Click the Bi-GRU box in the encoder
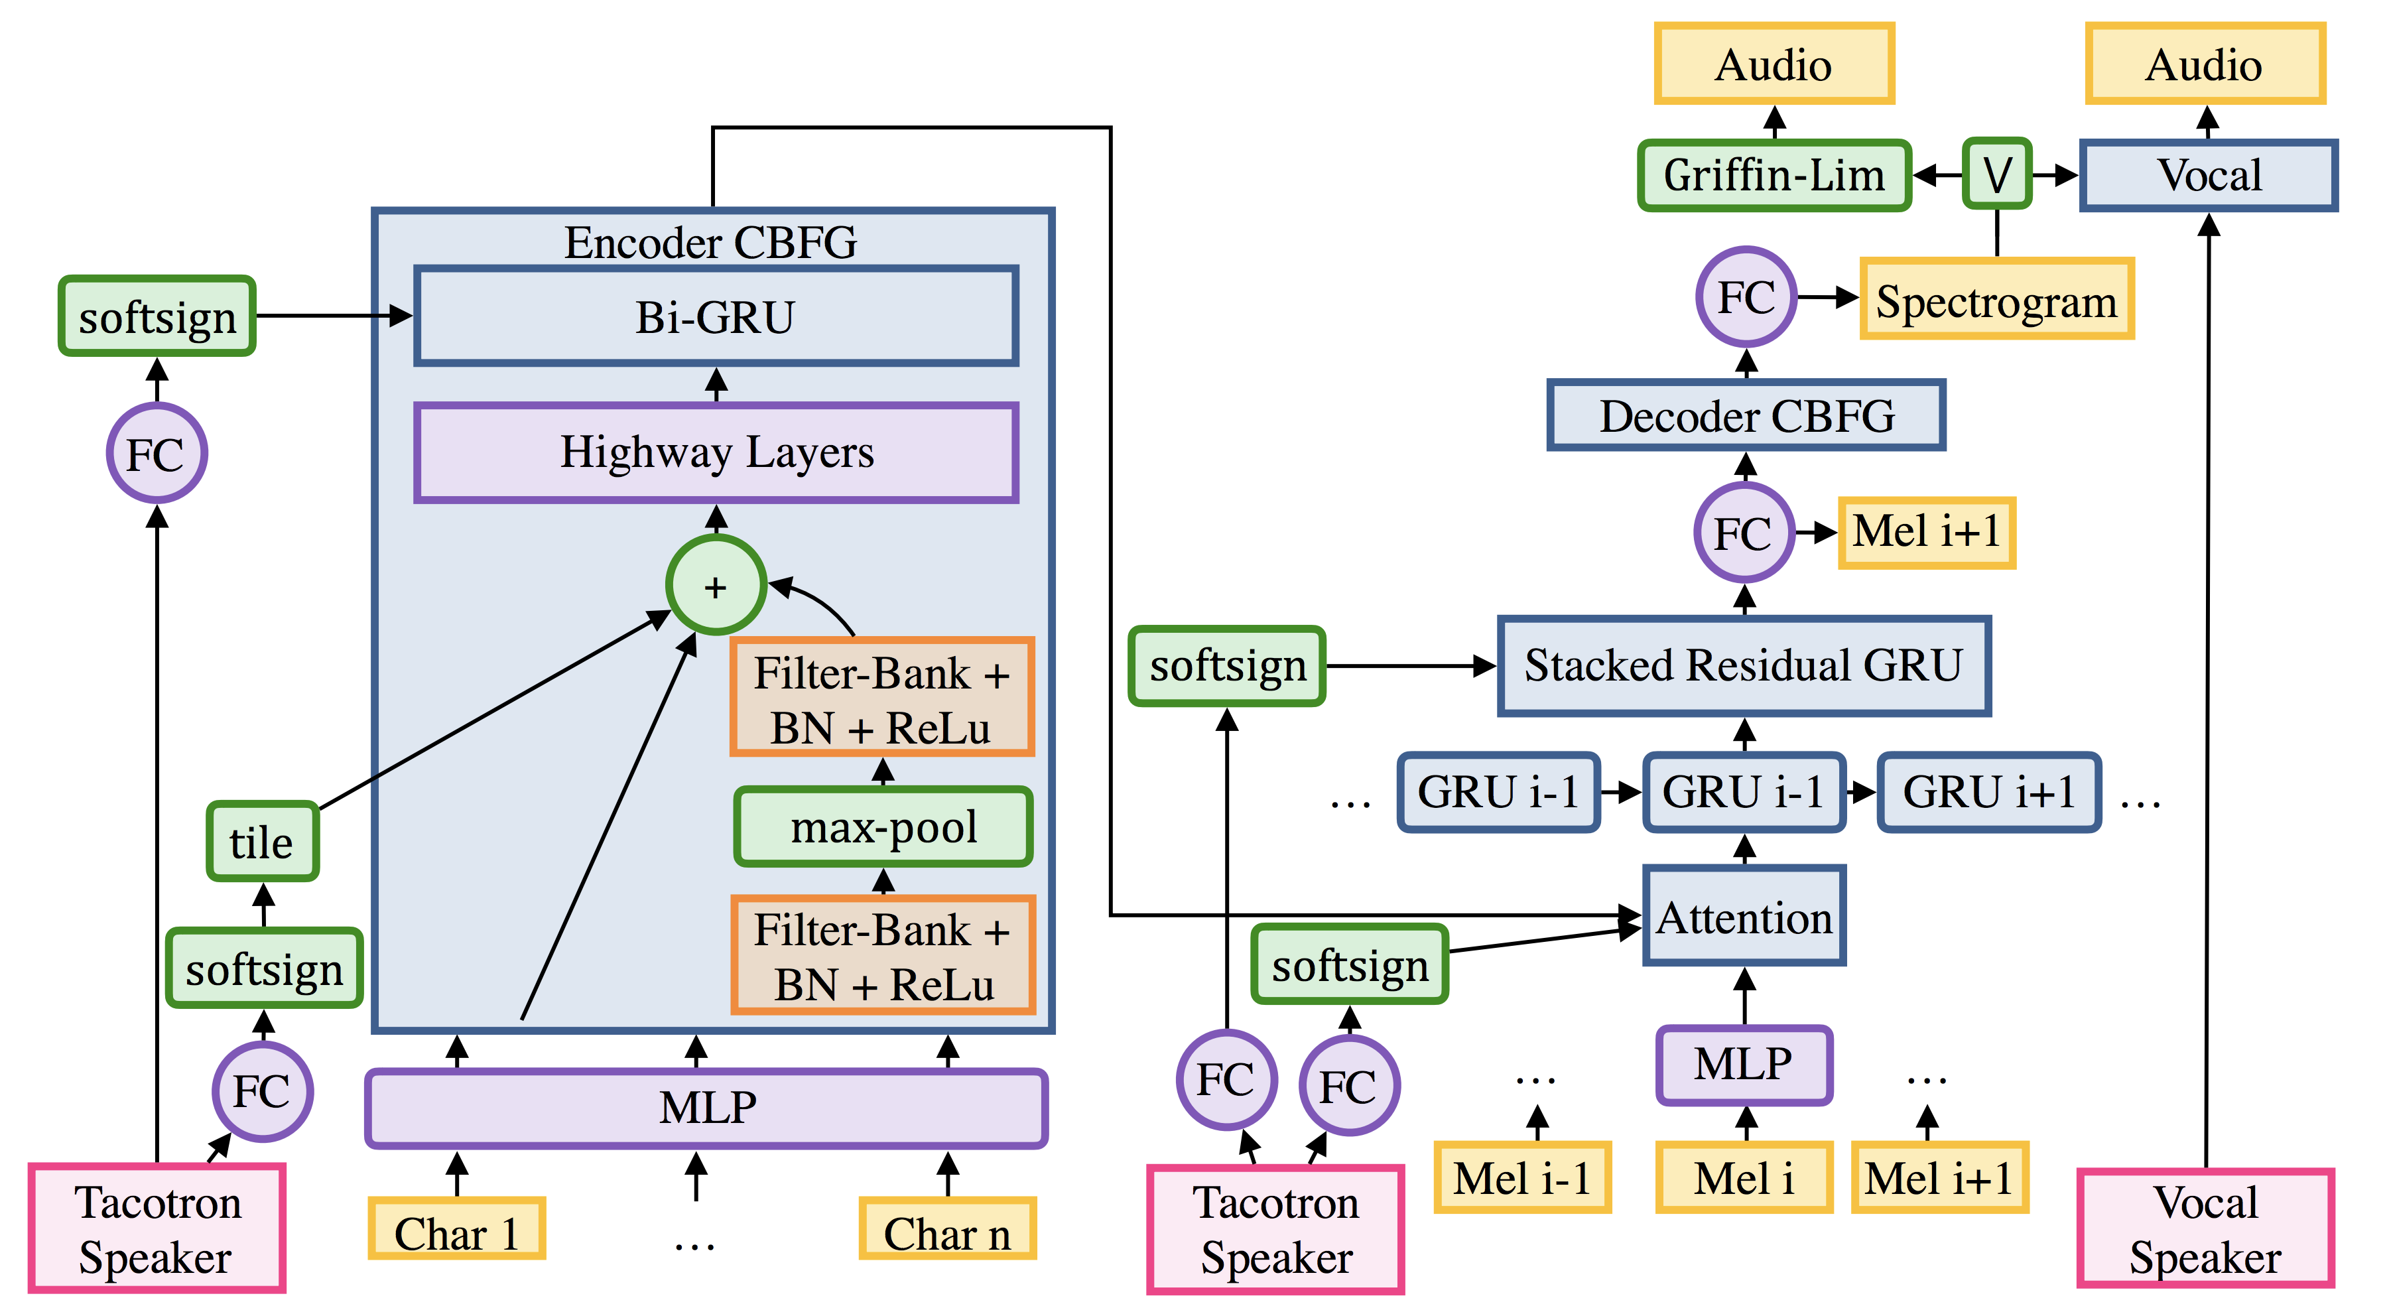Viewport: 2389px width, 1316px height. tap(715, 317)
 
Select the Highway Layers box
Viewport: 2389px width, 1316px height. tap(716, 452)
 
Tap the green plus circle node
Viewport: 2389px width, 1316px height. tap(715, 586)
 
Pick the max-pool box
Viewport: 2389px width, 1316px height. tap(883, 827)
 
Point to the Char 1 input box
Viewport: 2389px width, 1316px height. tap(456, 1230)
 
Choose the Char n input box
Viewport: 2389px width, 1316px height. tap(947, 1230)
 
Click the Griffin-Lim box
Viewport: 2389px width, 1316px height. tap(1774, 175)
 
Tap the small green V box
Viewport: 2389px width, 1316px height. tap(1997, 174)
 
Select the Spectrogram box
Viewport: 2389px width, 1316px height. tap(1997, 300)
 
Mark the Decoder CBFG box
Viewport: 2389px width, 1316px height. tap(1746, 415)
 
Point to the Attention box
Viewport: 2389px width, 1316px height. tap(1744, 916)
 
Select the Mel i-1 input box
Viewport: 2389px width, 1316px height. tap(1522, 1178)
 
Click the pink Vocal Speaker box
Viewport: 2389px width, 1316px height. tap(2205, 1229)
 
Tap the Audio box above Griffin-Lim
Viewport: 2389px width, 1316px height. tap(1774, 64)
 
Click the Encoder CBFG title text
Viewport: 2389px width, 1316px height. tap(710, 243)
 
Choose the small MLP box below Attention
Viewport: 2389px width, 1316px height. tap(1744, 1065)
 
